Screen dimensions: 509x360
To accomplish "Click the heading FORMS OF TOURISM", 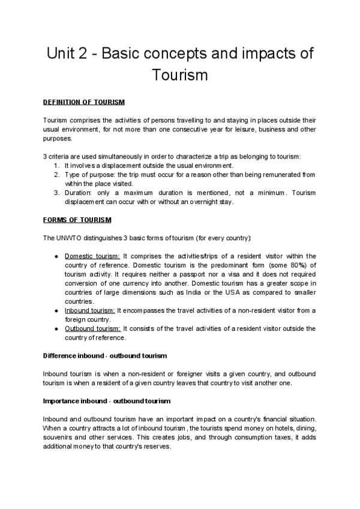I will pyautogui.click(x=77, y=220).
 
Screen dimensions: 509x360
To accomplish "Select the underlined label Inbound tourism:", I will pyautogui.click(x=89, y=310).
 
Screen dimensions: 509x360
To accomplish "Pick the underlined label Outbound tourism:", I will pyautogui.click(x=93, y=328).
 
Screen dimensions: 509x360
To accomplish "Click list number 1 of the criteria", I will pyautogui.click(x=56, y=165).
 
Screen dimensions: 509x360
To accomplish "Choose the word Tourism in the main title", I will pyautogui.click(x=179, y=76).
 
